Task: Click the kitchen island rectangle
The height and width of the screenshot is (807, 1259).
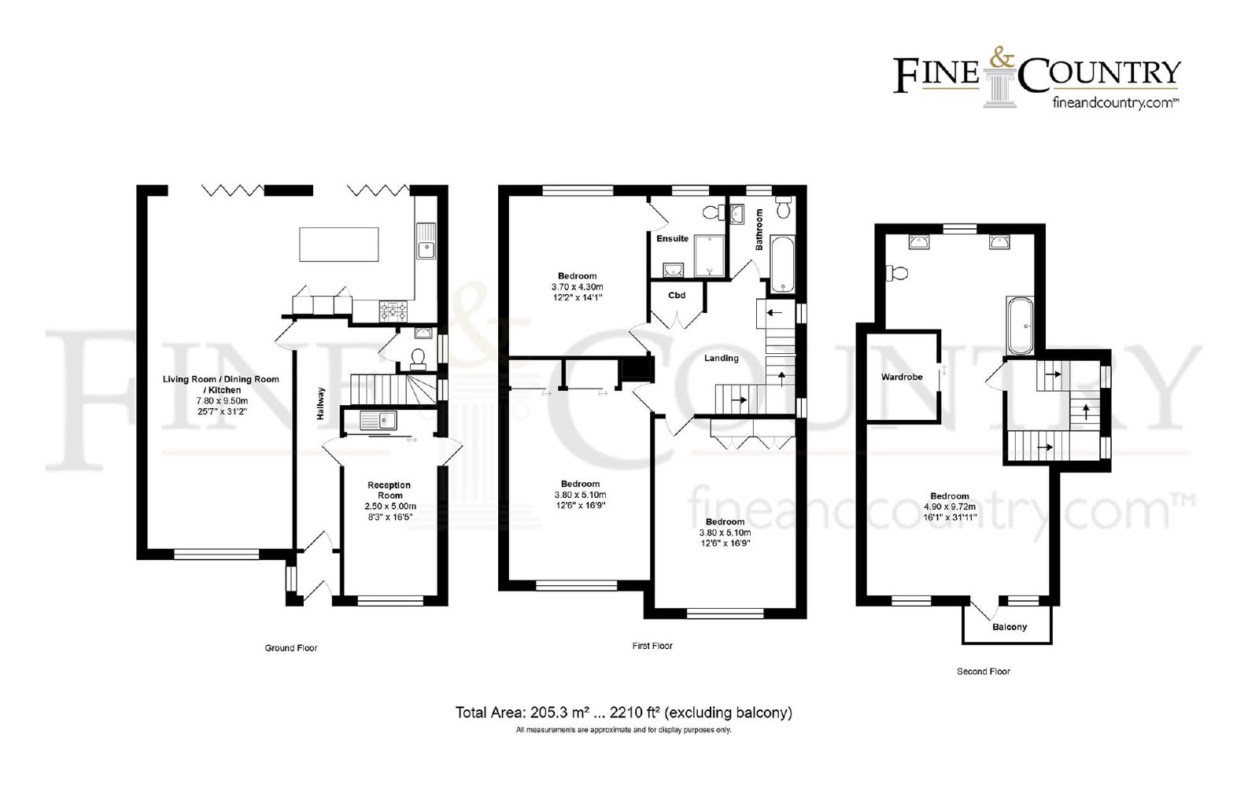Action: (x=339, y=245)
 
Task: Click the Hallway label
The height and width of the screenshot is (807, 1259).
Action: (x=320, y=403)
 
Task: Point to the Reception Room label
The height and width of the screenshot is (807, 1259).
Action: (x=390, y=490)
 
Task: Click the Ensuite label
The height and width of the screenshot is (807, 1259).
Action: (x=672, y=238)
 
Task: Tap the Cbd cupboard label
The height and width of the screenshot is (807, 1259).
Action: (x=677, y=295)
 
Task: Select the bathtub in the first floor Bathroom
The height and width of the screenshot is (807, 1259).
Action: (x=782, y=265)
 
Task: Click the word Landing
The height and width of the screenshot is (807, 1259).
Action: (x=721, y=358)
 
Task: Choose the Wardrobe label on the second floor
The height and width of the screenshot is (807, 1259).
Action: (x=902, y=377)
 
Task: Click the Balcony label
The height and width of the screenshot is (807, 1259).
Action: (x=1010, y=627)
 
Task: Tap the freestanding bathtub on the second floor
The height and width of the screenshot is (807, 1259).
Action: (x=1020, y=326)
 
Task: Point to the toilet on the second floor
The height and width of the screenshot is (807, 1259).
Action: (x=897, y=273)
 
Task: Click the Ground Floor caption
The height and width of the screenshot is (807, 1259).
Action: (x=291, y=648)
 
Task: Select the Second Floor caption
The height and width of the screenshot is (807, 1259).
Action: (x=984, y=671)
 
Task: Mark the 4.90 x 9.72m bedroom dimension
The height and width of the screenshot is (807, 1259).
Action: (x=950, y=507)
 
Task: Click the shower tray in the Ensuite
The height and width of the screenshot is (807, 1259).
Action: (x=709, y=256)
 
